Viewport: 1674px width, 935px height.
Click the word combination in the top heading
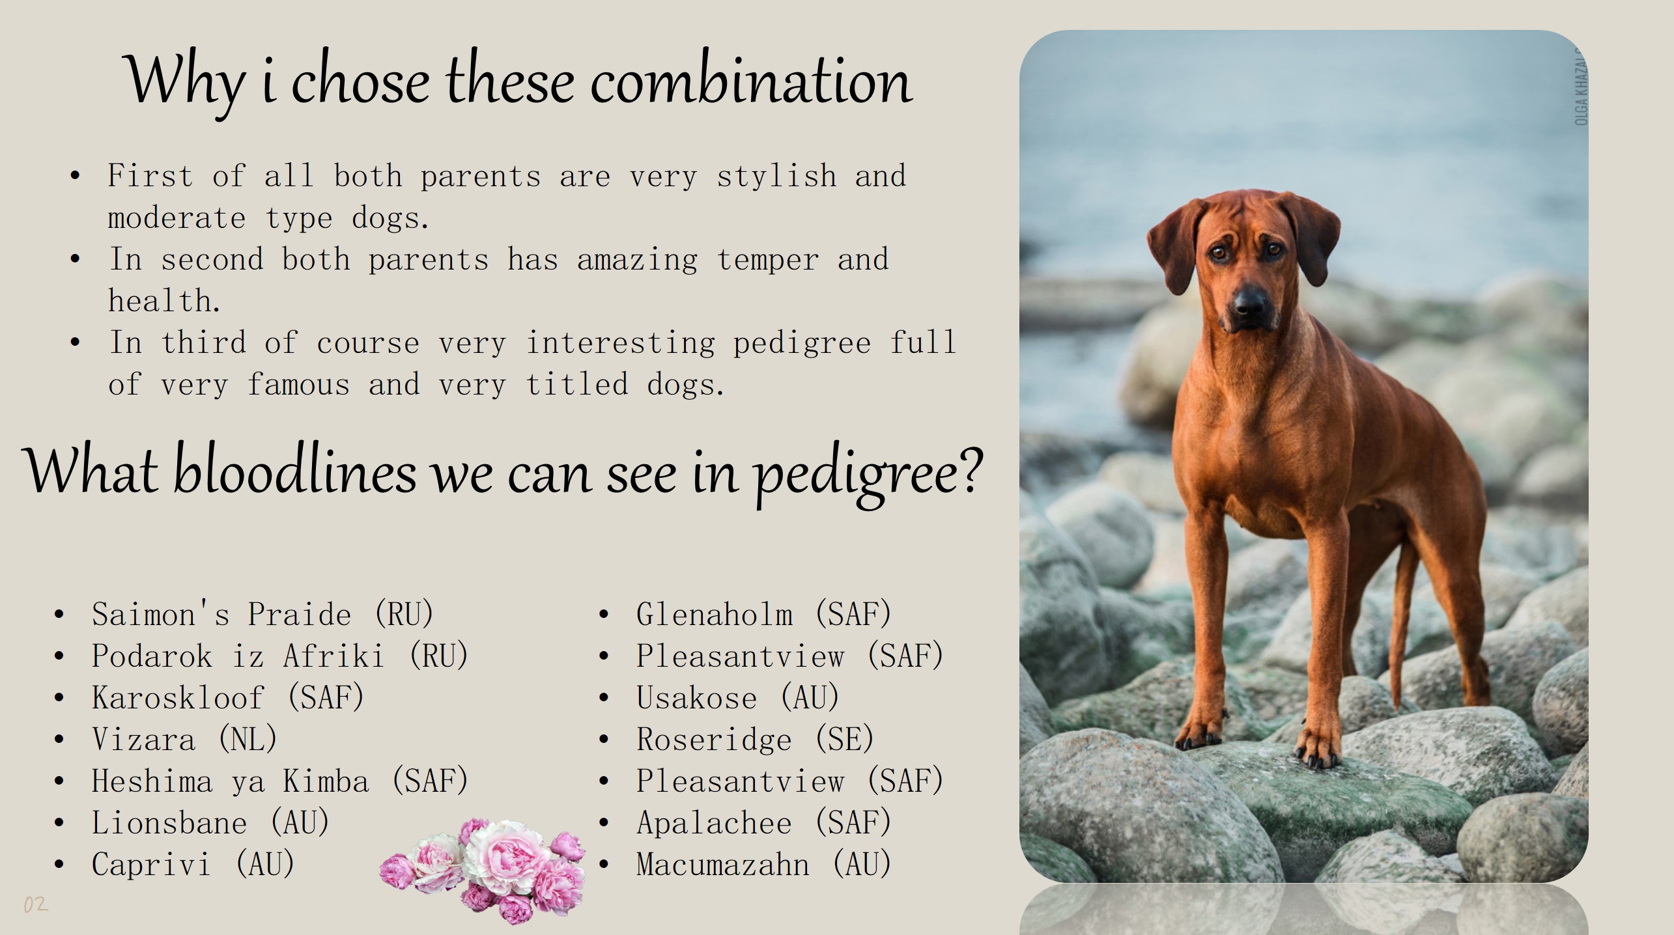click(x=751, y=81)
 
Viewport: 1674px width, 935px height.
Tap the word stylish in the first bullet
click(x=776, y=176)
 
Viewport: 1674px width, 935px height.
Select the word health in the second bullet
click(x=164, y=301)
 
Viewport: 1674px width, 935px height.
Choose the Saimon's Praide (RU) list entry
click(x=262, y=614)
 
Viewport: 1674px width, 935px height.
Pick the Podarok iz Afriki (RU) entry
click(x=280, y=656)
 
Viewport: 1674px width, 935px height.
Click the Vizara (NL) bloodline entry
click(x=185, y=739)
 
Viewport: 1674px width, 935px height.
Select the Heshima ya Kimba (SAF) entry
click(x=280, y=781)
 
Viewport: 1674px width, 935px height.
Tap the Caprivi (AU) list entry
click(x=193, y=864)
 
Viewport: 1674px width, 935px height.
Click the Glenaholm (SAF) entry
click(x=764, y=614)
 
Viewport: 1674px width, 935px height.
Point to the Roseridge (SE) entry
click(x=756, y=739)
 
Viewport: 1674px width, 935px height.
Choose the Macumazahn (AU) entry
click(x=764, y=864)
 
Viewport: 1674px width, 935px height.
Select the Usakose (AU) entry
click(x=738, y=697)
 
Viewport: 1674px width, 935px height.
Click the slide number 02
click(x=36, y=904)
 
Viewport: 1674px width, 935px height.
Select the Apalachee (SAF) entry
click(x=764, y=822)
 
